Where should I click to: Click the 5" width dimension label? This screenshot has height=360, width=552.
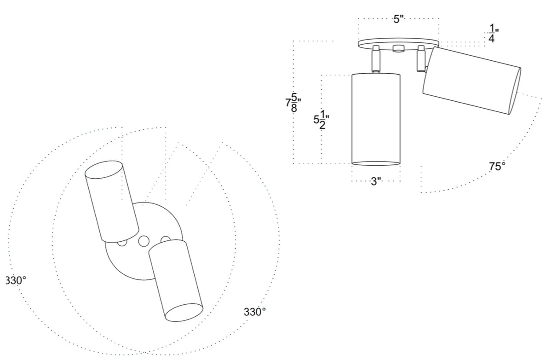pyautogui.click(x=398, y=20)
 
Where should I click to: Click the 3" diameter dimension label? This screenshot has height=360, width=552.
pyautogui.click(x=376, y=181)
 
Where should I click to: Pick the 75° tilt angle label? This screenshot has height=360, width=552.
pyautogui.click(x=497, y=167)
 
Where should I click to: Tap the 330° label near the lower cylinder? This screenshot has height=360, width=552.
pyautogui.click(x=255, y=312)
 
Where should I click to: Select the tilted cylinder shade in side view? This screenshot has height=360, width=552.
pyautogui.click(x=471, y=81)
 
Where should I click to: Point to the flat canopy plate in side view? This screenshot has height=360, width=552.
pyautogui.click(x=398, y=44)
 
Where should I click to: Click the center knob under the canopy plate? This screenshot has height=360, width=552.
pyautogui.click(x=398, y=49)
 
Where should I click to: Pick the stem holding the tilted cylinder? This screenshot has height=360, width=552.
pyautogui.click(x=420, y=59)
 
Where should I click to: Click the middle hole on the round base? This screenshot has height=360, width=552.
pyautogui.click(x=144, y=240)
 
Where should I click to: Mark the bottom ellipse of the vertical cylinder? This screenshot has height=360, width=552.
pyautogui.click(x=376, y=163)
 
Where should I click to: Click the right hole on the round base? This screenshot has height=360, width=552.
pyautogui.click(x=166, y=238)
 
